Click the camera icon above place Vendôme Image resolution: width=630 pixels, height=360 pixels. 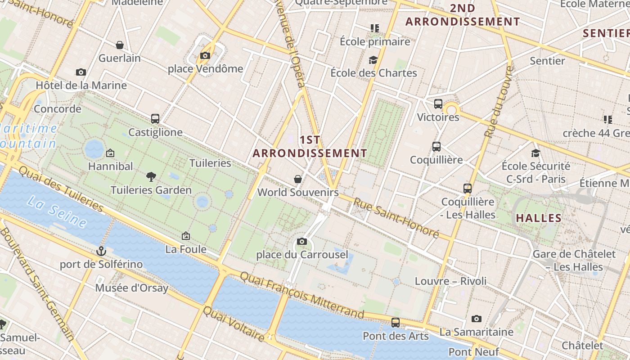[205, 56]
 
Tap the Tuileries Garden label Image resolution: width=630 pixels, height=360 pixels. [151, 190]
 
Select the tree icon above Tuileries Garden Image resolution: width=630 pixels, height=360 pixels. [151, 177]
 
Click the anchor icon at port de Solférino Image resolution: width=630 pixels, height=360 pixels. [101, 251]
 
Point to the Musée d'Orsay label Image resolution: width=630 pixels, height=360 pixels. [131, 288]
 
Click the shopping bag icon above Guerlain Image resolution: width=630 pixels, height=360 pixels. [120, 45]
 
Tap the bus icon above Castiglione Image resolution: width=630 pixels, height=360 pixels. [155, 119]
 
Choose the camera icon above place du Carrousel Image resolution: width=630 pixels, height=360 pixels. [302, 242]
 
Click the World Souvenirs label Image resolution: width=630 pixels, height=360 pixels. [298, 193]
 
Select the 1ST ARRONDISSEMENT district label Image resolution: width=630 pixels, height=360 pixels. [310, 147]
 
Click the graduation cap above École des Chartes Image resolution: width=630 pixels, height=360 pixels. [373, 60]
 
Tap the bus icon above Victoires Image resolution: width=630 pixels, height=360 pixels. [438, 104]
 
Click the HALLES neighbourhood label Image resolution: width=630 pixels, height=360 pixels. [539, 218]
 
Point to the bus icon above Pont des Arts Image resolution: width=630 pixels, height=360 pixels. [396, 323]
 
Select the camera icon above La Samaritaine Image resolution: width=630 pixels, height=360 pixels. [477, 319]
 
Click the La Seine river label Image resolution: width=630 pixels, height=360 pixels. [56, 211]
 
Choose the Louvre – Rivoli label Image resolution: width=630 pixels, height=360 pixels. [450, 281]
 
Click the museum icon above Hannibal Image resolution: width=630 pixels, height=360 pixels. [110, 153]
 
